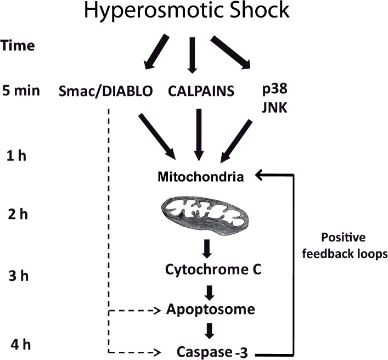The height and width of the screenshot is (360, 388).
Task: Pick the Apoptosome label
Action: (211, 310)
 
